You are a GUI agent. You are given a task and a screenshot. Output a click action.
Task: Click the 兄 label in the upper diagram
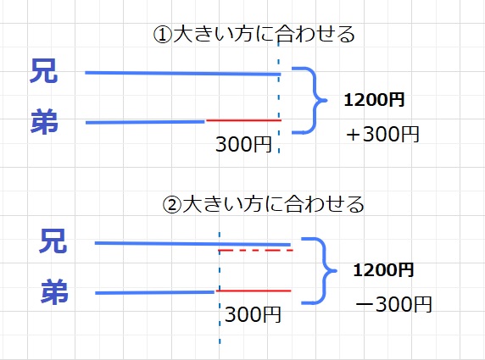[x=43, y=71]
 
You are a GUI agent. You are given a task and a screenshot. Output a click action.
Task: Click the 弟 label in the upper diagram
[x=44, y=121]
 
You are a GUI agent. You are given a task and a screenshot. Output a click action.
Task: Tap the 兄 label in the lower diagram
[x=53, y=241]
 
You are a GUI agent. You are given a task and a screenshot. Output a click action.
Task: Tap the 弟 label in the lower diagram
[x=54, y=291]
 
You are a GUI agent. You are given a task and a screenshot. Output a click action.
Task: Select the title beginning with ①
[x=254, y=34]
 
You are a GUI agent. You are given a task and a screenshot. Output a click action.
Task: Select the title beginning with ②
[x=263, y=204]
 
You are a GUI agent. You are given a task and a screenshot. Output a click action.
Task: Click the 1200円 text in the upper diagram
[x=374, y=100]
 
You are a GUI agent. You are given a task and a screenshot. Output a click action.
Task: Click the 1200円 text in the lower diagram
[x=383, y=270]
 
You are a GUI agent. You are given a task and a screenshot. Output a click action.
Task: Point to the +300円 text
[x=382, y=135]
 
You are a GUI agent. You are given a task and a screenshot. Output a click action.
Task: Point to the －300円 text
[x=393, y=304]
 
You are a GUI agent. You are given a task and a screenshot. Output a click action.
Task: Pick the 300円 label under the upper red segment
[x=243, y=144]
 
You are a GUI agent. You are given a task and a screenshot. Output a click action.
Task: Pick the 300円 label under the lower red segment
[x=253, y=314]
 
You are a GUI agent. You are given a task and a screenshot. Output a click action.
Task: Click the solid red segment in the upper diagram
[x=243, y=120]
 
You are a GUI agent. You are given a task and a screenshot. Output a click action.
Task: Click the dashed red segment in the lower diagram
[x=255, y=250]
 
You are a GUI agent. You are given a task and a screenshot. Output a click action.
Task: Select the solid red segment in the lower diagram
[x=254, y=291]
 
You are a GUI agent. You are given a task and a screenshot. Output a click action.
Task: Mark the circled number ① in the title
[x=163, y=35]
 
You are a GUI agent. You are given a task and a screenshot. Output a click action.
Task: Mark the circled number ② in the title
[x=171, y=205]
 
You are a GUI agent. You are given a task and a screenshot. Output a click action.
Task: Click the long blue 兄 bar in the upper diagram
[x=183, y=73]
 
